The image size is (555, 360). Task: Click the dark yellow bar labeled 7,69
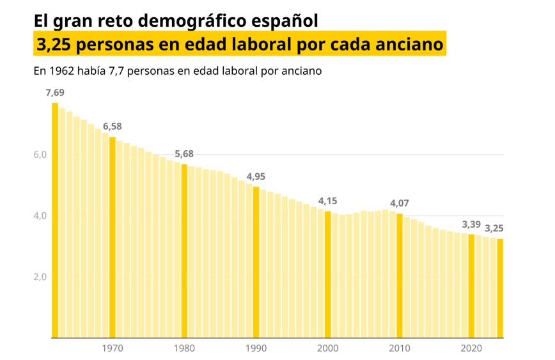point(55,220)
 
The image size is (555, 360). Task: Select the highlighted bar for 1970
point(113,237)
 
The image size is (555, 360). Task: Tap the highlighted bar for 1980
point(184,251)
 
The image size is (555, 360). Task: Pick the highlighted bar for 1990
point(256,262)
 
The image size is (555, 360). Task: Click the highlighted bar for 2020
point(471,286)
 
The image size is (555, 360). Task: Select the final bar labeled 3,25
point(500,288)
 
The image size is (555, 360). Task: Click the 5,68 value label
point(184,154)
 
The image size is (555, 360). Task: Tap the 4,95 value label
point(256,176)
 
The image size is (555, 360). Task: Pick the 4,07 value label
point(400,203)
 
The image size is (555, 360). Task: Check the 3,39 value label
point(471,224)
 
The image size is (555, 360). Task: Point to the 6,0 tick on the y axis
point(40,155)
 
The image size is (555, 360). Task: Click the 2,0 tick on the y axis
point(40,277)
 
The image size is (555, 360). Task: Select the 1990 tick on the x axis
point(256,348)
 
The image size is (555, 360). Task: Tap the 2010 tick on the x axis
point(400,348)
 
